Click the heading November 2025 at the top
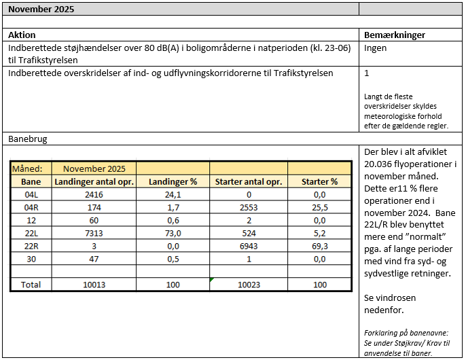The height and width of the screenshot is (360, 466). (x=41, y=10)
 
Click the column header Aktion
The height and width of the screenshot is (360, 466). (x=22, y=35)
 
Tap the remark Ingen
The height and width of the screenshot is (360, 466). (x=376, y=48)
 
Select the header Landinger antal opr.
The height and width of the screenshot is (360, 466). (x=94, y=182)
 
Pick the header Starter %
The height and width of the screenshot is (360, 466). (x=319, y=182)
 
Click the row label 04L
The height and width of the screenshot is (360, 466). (x=31, y=195)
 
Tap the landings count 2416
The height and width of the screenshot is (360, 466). (x=93, y=195)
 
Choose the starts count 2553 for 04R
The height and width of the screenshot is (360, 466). (x=248, y=208)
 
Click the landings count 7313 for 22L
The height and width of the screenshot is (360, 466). (x=93, y=233)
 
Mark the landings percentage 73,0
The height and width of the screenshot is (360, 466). (x=173, y=233)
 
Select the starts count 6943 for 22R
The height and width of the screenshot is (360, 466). (x=248, y=246)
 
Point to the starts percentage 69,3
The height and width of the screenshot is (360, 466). (x=319, y=246)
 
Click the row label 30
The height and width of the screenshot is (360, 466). (x=31, y=259)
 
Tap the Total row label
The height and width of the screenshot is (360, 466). (x=31, y=285)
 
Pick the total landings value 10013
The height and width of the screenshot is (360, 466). (x=93, y=285)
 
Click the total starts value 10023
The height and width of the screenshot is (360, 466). (x=248, y=285)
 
